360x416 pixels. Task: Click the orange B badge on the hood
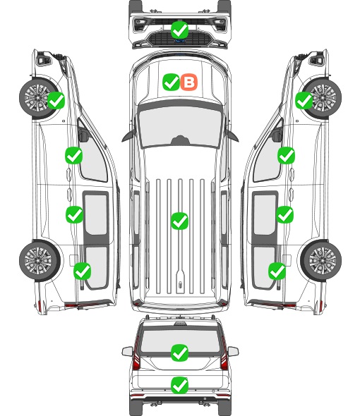click(189, 82)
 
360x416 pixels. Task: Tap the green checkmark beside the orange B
click(171, 82)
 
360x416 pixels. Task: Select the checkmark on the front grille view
click(180, 30)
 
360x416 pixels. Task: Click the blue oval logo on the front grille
click(180, 41)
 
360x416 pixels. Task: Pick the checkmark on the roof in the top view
click(180, 221)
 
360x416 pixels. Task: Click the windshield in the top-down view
click(180, 126)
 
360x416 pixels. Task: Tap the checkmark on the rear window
click(180, 353)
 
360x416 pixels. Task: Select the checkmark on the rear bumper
click(180, 385)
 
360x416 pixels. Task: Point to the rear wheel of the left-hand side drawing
click(40, 260)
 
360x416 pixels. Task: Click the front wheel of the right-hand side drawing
click(322, 97)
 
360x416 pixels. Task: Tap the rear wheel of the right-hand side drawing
click(321, 260)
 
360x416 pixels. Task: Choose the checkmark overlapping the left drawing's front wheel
click(56, 100)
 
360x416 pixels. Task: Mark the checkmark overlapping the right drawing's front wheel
click(304, 100)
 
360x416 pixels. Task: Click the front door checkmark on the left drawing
click(74, 155)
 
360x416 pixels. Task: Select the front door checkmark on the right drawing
click(286, 155)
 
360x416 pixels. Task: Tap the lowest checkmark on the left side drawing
click(83, 271)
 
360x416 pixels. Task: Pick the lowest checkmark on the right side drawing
click(277, 271)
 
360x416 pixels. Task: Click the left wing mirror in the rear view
click(127, 351)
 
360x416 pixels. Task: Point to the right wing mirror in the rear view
click(233, 351)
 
